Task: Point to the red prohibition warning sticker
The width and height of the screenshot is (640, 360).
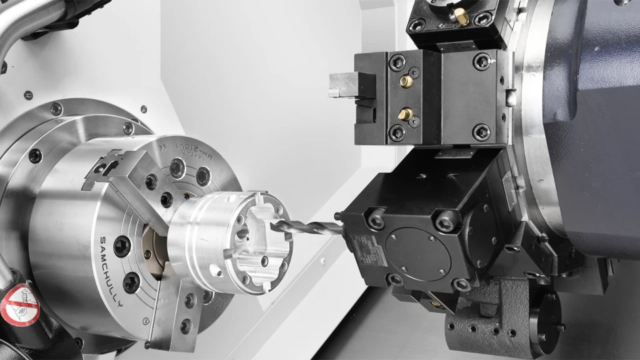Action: [x=18, y=304]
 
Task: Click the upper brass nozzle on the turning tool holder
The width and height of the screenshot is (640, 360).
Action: [x=405, y=81]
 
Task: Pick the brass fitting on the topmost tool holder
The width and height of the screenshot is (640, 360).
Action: [x=461, y=17]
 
